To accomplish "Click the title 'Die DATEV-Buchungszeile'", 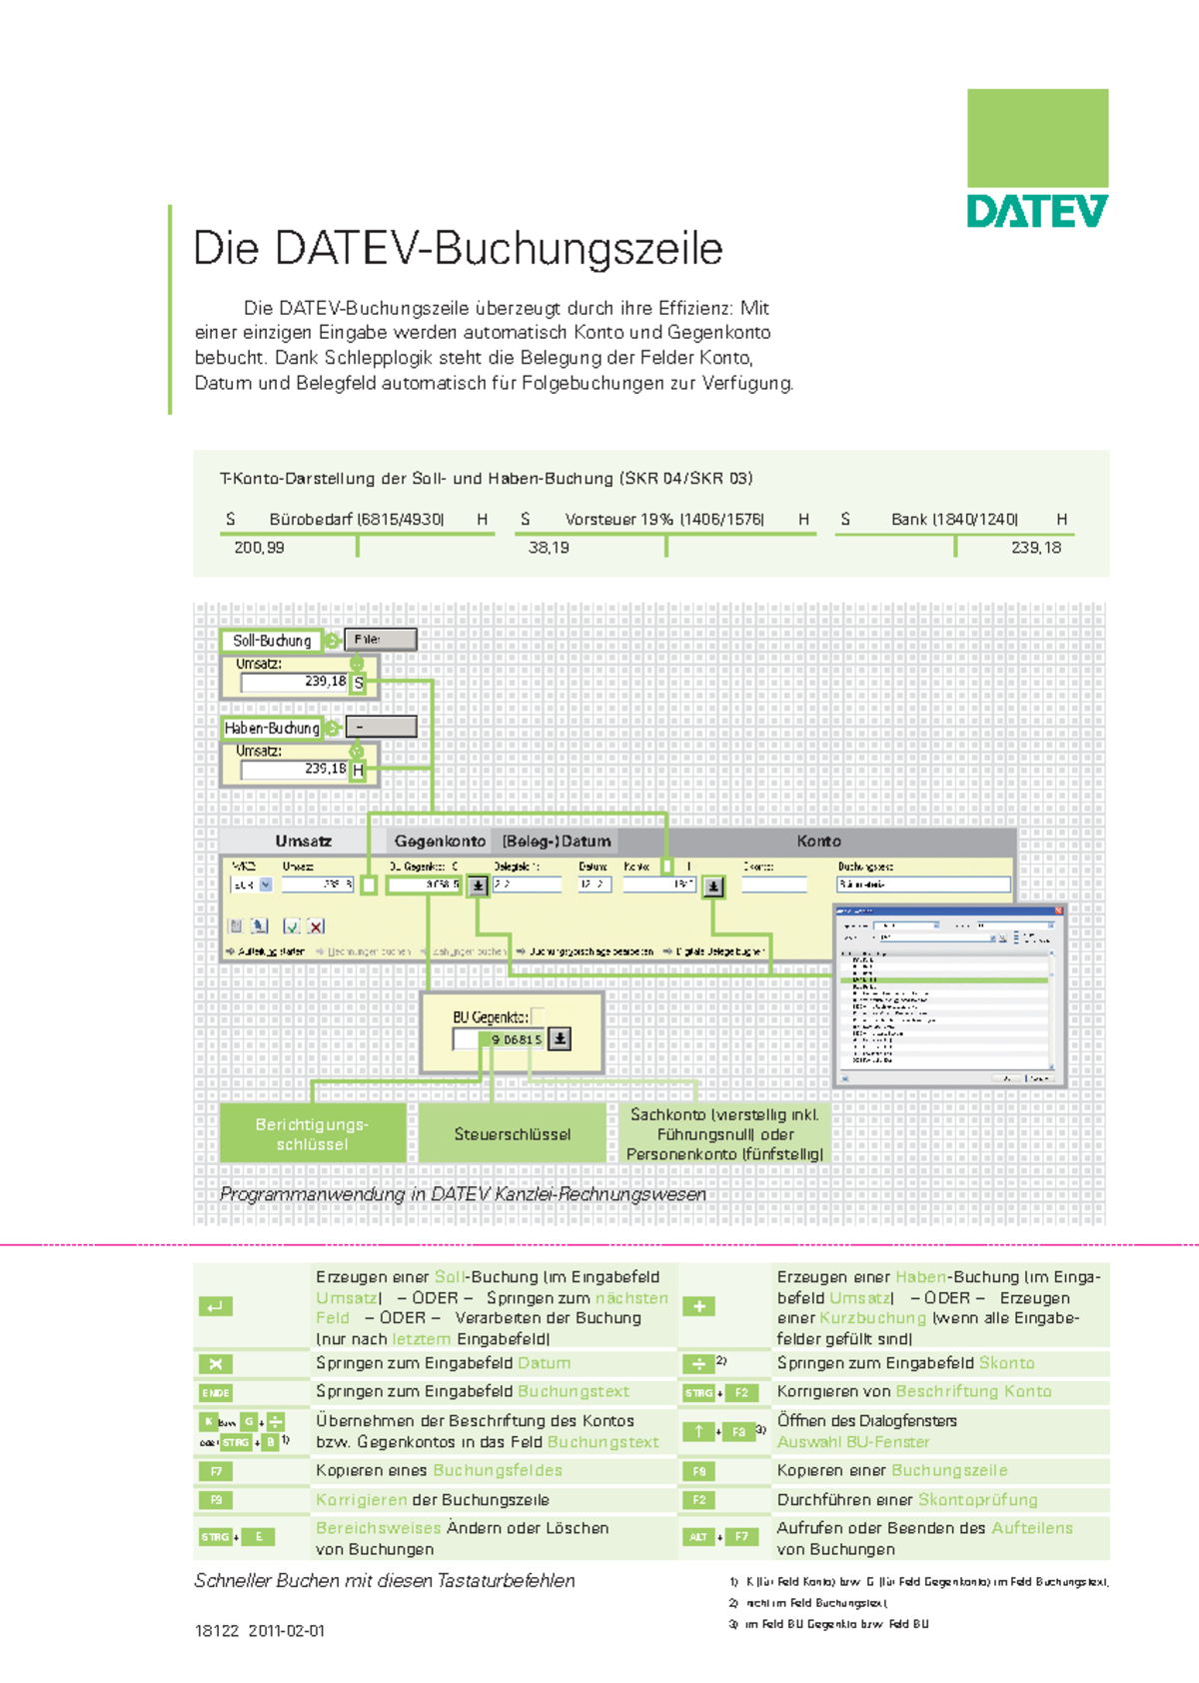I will point(458,249).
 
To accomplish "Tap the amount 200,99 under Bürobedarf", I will point(259,548).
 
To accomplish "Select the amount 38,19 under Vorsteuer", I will point(549,548).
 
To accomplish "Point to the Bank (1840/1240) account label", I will point(954,520).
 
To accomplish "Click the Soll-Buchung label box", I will point(272,641).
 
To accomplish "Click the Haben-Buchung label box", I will point(272,729).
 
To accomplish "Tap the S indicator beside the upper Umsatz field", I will point(359,684).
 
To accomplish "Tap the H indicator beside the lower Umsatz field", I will point(359,771).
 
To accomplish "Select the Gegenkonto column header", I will point(440,841).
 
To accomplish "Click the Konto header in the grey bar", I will point(818,841).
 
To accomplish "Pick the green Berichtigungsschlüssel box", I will point(313,1134).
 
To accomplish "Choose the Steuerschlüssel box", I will point(513,1134).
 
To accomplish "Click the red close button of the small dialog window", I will point(1059,910).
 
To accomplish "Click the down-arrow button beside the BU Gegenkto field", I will point(561,1039).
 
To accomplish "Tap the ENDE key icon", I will point(216,1392).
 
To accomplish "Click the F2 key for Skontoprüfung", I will point(699,1500).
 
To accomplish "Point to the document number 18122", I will point(217,1631).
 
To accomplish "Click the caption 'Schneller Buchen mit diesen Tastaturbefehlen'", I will point(385,1581).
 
